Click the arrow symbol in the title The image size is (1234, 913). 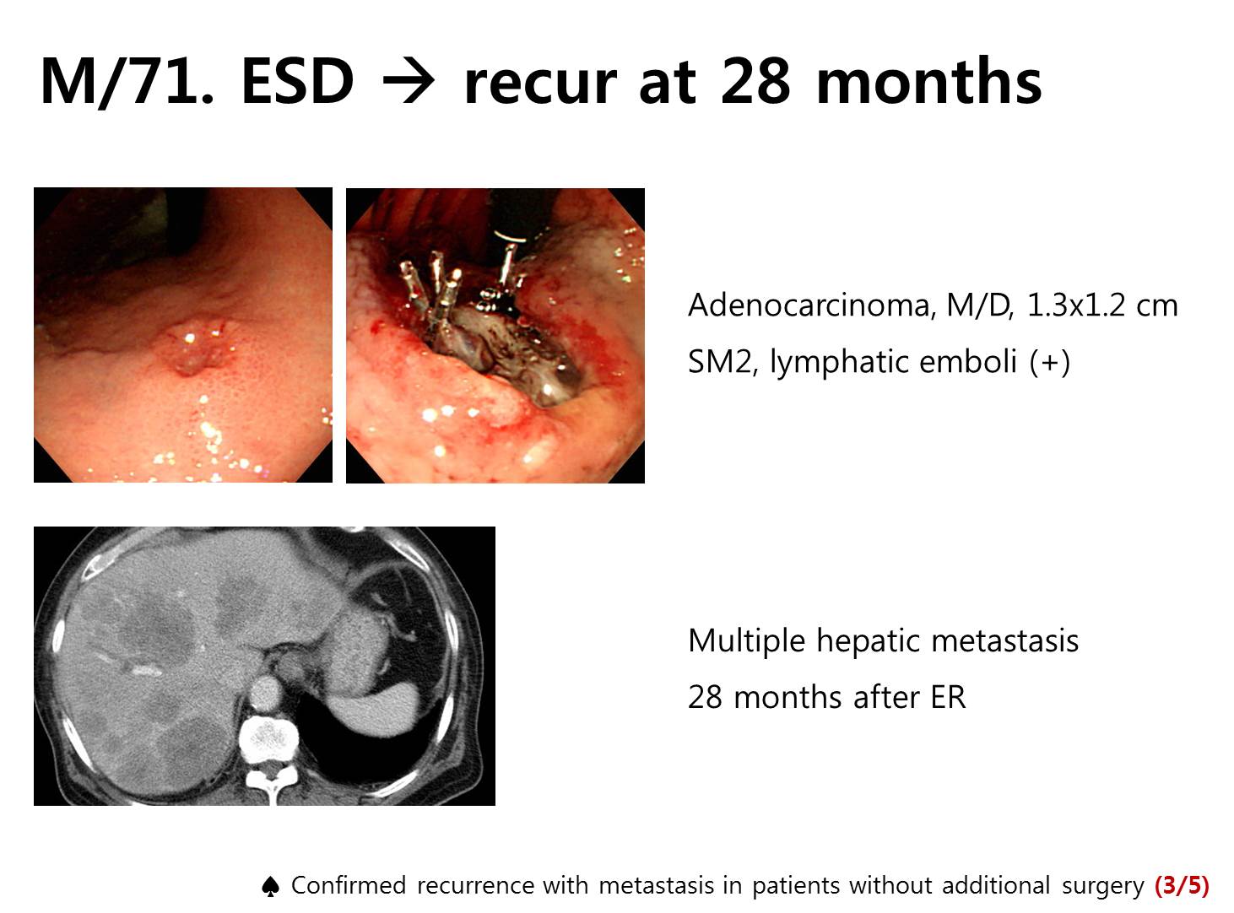[409, 82]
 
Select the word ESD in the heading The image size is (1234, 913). [297, 81]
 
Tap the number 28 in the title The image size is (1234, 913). [755, 81]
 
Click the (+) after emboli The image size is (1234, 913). [1049, 363]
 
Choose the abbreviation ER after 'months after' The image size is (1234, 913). [948, 697]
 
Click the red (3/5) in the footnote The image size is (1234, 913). [1182, 885]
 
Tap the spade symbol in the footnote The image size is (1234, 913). [270, 886]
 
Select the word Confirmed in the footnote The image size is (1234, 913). [349, 885]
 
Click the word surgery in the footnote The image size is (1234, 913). [1102, 887]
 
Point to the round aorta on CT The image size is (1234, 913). [265, 694]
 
